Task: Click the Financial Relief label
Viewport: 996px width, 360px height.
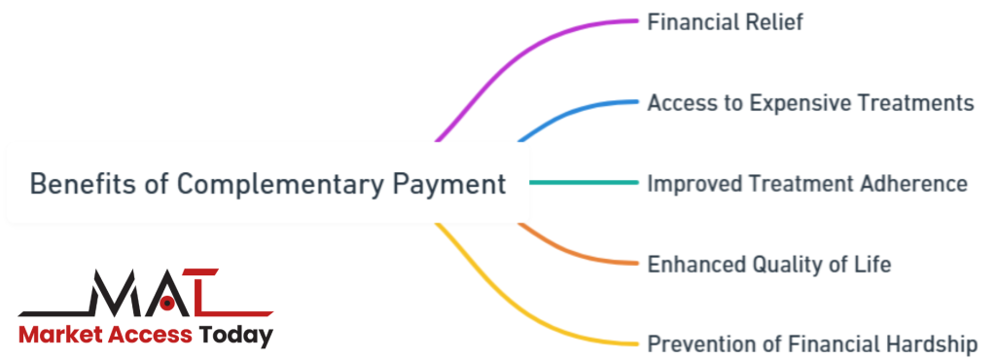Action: tap(725, 21)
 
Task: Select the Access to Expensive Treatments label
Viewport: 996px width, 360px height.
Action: tap(810, 102)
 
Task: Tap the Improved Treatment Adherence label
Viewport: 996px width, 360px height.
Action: tap(807, 183)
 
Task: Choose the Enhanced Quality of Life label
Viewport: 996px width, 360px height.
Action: tap(768, 264)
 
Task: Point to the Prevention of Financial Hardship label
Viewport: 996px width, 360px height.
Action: tap(812, 343)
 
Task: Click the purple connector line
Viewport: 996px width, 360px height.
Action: tap(525, 58)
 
